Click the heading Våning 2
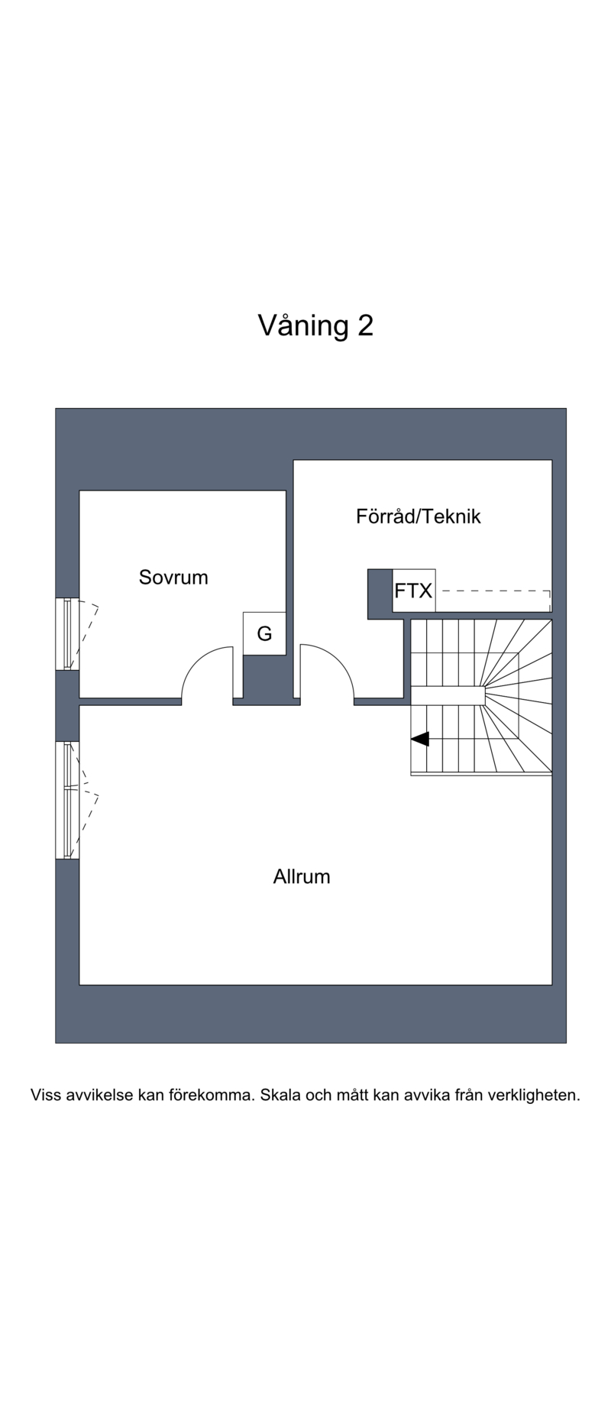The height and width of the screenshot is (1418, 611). coord(315,325)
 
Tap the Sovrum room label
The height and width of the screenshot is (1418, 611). coord(173,577)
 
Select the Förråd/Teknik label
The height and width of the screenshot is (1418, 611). coord(419,516)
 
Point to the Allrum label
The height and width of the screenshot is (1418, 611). coord(302,876)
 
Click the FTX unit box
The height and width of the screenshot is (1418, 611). coord(414,591)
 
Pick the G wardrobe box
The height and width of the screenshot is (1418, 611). coord(264,633)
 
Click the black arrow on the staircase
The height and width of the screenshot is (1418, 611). coord(420,739)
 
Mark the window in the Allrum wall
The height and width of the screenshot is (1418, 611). coord(67,800)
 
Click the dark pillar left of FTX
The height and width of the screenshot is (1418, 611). coord(380,594)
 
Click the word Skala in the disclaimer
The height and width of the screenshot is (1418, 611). coord(280,1095)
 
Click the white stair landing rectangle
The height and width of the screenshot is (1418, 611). coord(448,695)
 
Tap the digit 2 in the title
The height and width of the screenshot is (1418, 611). coord(365,326)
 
